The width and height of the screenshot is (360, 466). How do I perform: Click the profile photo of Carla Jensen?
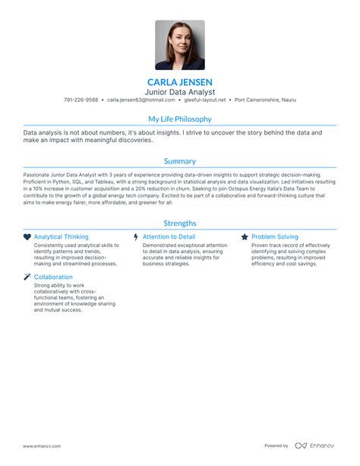180,45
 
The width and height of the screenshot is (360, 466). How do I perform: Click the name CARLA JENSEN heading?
180,81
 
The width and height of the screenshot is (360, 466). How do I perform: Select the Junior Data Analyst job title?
180,91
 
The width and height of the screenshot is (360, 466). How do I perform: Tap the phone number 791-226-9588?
81,100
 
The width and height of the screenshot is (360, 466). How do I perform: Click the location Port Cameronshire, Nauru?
265,100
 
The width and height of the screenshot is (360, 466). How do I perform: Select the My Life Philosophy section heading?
180,119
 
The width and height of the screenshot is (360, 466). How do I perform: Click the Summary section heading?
180,161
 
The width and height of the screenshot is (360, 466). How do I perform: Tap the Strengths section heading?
180,223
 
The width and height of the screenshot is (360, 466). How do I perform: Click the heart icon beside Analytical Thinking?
27,237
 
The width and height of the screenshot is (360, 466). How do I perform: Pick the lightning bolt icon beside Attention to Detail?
136,237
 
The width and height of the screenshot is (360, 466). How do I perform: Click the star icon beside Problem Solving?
245,237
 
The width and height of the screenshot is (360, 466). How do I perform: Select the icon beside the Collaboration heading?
27,277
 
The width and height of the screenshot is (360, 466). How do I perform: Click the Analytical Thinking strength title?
61,237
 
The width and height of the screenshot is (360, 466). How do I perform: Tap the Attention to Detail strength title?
169,237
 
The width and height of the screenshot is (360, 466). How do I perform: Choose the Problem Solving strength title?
275,237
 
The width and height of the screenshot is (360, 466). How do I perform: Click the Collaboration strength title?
53,277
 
